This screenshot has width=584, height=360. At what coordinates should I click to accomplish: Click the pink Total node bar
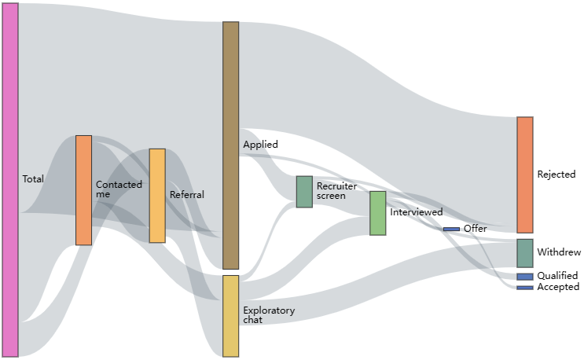(x=10, y=180)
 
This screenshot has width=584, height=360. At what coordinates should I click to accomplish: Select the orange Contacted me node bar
(x=84, y=190)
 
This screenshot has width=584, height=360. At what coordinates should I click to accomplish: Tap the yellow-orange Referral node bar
(x=157, y=196)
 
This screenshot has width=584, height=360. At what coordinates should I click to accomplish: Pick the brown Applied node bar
(x=231, y=145)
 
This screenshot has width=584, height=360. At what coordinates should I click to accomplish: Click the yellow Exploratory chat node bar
(x=231, y=316)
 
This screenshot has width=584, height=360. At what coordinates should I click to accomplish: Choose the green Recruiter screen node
(x=304, y=192)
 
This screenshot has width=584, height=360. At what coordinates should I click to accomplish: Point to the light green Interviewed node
(x=377, y=213)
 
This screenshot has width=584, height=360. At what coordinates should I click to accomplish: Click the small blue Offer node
(x=451, y=230)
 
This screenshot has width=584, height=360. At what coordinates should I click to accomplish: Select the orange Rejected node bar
(x=525, y=175)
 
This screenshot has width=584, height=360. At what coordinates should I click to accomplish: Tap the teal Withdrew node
(x=525, y=253)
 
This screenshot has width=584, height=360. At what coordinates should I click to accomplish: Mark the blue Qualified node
(x=525, y=277)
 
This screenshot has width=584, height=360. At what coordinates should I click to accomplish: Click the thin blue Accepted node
(x=525, y=288)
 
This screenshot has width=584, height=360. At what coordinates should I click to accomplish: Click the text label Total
(x=33, y=179)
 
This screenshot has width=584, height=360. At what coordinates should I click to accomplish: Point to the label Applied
(x=260, y=145)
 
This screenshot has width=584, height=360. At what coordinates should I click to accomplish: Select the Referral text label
(x=187, y=195)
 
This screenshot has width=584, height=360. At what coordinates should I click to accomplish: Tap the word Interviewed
(x=417, y=212)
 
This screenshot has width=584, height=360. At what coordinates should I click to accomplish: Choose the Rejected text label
(x=556, y=174)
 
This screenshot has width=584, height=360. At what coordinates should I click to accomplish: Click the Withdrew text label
(x=559, y=252)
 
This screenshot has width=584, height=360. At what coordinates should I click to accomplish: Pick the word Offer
(x=476, y=228)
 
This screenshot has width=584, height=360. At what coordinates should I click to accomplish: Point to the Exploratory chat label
(x=269, y=315)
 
